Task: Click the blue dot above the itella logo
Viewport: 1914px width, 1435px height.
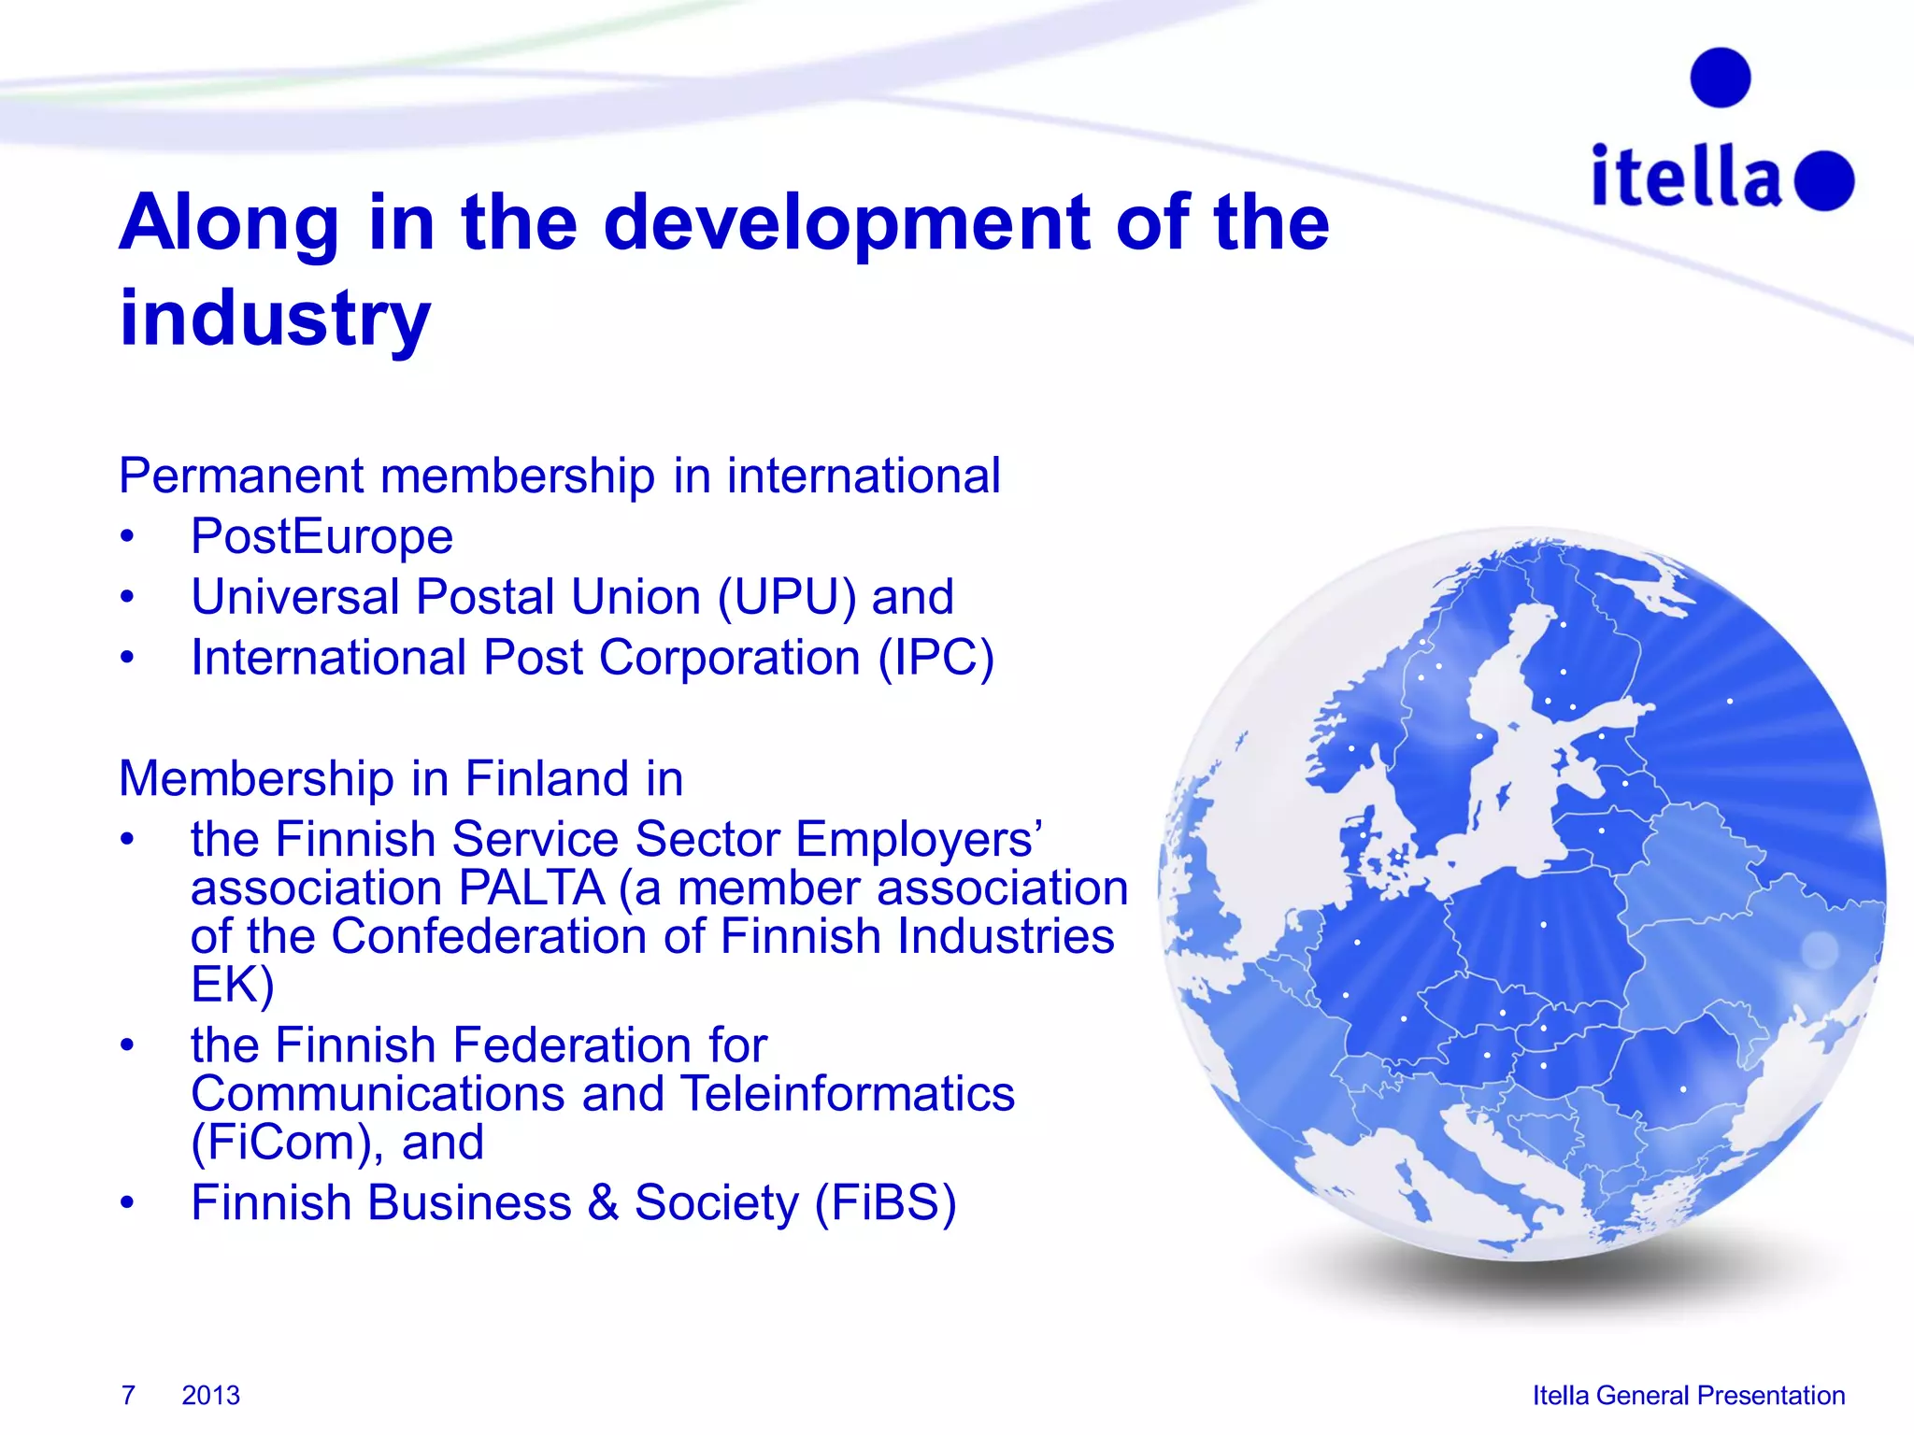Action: pyautogui.click(x=1720, y=78)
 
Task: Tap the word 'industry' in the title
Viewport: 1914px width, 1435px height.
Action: pyautogui.click(x=276, y=319)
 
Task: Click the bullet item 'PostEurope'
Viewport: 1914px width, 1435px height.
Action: pyautogui.click(x=321, y=536)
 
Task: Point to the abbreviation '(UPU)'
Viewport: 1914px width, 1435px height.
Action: pyautogui.click(x=786, y=597)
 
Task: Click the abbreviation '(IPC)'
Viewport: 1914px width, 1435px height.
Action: pyautogui.click(x=936, y=658)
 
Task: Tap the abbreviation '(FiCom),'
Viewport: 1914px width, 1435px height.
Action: pyautogui.click(x=288, y=1142)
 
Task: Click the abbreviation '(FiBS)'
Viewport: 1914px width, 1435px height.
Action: pyautogui.click(x=885, y=1202)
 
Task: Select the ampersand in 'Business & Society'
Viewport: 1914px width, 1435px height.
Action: pyautogui.click(x=603, y=1203)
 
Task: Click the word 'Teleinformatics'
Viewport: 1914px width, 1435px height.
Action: pyautogui.click(x=847, y=1093)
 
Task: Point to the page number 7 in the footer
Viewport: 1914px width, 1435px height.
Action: pyautogui.click(x=128, y=1395)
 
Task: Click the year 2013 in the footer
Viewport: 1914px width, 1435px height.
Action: pyautogui.click(x=210, y=1395)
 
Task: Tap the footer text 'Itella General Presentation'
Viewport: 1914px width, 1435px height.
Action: pyautogui.click(x=1688, y=1395)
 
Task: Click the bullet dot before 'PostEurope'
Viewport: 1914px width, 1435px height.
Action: pyautogui.click(x=128, y=537)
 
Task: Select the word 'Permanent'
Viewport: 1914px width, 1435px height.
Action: pyautogui.click(x=241, y=476)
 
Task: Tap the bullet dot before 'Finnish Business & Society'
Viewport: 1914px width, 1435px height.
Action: pyautogui.click(x=128, y=1203)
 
